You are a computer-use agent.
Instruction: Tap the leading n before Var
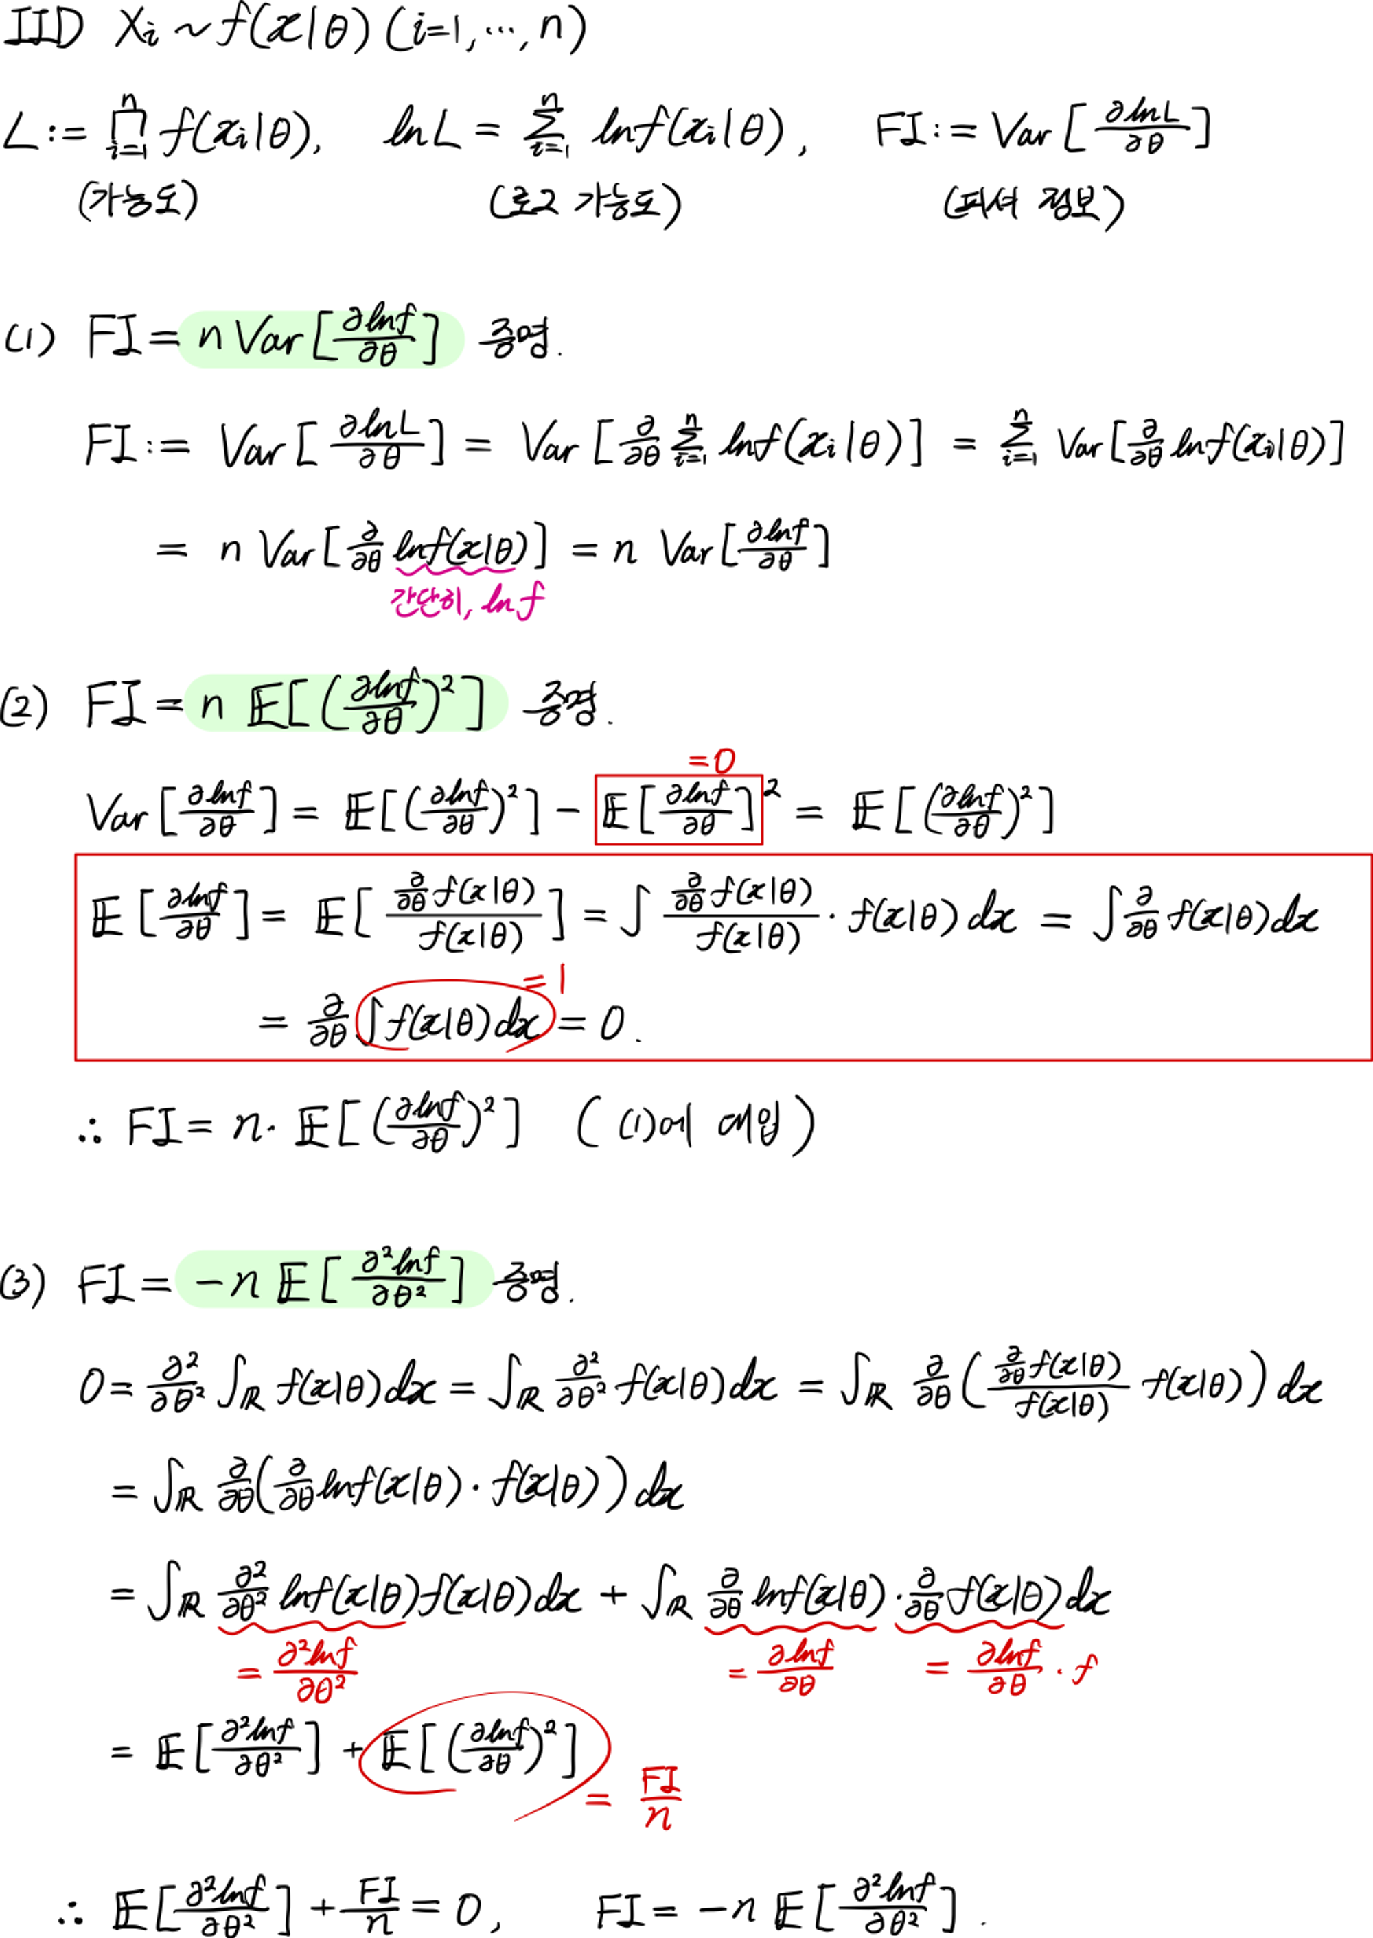pyautogui.click(x=209, y=336)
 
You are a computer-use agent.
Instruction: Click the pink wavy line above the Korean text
pyautogui.click(x=456, y=570)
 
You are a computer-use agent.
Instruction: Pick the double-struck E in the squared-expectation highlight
pyautogui.click(x=266, y=707)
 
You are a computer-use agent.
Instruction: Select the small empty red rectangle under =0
pyautogui.click(x=678, y=809)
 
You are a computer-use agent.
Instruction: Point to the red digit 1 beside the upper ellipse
pyautogui.click(x=562, y=979)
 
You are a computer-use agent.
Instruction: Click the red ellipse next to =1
pyautogui.click(x=455, y=1014)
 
